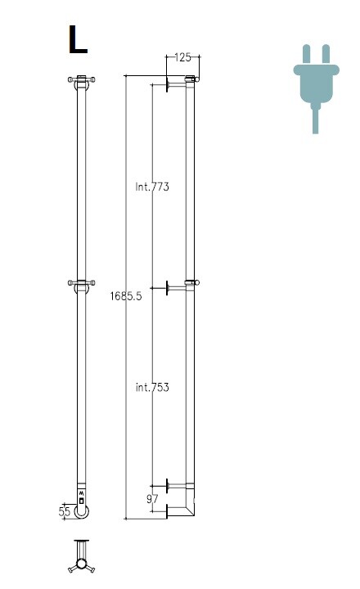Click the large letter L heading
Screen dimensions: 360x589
pyautogui.click(x=78, y=39)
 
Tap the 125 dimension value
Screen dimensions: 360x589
pyautogui.click(x=182, y=57)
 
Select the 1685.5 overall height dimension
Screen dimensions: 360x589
pyautogui.click(x=126, y=296)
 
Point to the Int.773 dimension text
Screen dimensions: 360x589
pyautogui.click(x=152, y=187)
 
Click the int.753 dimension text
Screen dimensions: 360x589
pyautogui.click(x=152, y=387)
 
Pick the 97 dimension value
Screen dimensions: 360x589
pyautogui.click(x=152, y=499)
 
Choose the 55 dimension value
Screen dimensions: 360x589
pyautogui.click(x=65, y=511)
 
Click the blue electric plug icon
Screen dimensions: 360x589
pyautogui.click(x=316, y=88)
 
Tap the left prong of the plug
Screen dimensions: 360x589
pyautogui.click(x=306, y=55)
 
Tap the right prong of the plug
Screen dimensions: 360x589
pyautogui.click(x=326, y=55)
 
